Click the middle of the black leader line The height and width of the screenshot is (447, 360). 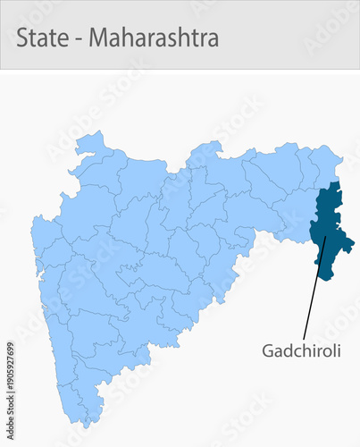point(314,286)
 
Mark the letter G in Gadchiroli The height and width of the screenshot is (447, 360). point(268,350)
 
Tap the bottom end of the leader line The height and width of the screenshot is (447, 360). point(304,337)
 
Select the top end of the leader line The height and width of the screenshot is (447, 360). point(326,236)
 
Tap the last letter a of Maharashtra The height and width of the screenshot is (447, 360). point(213,40)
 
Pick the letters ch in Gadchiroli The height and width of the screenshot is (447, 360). point(298,350)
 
